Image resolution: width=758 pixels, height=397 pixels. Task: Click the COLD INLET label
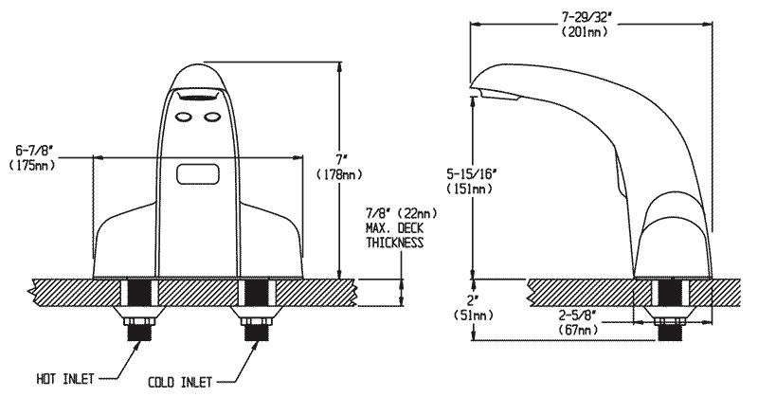180,382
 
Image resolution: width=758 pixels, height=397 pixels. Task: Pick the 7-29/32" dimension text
587,15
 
